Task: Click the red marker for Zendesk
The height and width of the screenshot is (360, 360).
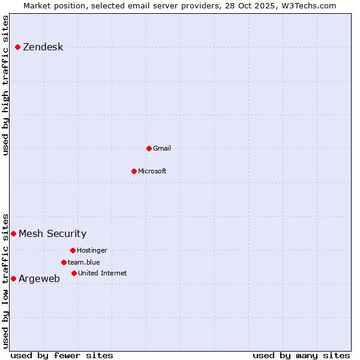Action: [18, 47]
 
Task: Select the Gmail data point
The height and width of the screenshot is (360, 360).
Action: [149, 148]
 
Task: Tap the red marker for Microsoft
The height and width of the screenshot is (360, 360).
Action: [134, 171]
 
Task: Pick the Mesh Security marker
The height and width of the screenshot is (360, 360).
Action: [13, 233]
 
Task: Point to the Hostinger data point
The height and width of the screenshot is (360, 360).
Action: [73, 250]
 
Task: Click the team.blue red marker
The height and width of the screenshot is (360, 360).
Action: [64, 262]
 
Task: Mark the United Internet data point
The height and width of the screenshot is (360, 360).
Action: [74, 273]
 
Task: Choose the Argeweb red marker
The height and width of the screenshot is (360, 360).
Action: [13, 278]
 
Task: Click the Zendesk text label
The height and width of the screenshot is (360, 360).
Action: [43, 47]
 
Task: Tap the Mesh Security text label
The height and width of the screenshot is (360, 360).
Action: [52, 234]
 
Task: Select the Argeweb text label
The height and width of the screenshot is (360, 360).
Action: [39, 279]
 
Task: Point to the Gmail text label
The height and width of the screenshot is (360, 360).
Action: [162, 149]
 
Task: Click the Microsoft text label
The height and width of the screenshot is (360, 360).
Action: [152, 172]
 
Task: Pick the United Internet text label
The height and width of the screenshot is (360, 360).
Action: [103, 274]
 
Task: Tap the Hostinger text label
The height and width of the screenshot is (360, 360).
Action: [92, 251]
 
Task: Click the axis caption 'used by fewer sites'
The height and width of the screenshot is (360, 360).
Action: [62, 355]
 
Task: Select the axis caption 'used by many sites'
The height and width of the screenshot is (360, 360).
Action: [301, 355]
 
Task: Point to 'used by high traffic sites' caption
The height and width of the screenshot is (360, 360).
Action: [6, 85]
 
